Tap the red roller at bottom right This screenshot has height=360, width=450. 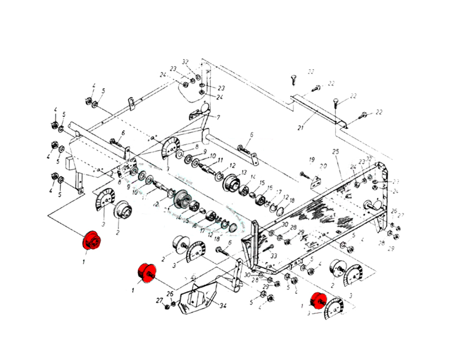click(x=319, y=300)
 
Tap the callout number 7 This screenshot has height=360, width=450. click(x=218, y=117)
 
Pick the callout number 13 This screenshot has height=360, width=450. click(x=244, y=172)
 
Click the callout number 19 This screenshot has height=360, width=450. click(x=311, y=160)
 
